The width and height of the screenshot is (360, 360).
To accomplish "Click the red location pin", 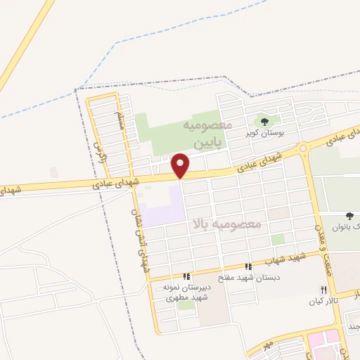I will (x=181, y=165).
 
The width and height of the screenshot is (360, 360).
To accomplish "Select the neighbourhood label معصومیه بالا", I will (x=226, y=224).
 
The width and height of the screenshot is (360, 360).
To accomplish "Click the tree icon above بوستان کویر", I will (x=265, y=122).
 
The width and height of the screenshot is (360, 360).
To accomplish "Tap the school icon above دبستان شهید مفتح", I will (x=247, y=266).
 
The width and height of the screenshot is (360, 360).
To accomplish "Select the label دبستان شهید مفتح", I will (x=254, y=277).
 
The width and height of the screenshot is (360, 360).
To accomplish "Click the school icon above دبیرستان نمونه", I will (x=186, y=277).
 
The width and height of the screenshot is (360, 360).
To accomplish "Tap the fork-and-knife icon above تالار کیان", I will (x=323, y=290).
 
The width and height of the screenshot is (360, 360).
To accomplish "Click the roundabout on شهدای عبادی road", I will (x=303, y=148).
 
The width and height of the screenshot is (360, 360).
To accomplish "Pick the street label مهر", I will (x=266, y=347).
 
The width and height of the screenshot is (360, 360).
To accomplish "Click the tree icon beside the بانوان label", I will (x=349, y=216).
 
